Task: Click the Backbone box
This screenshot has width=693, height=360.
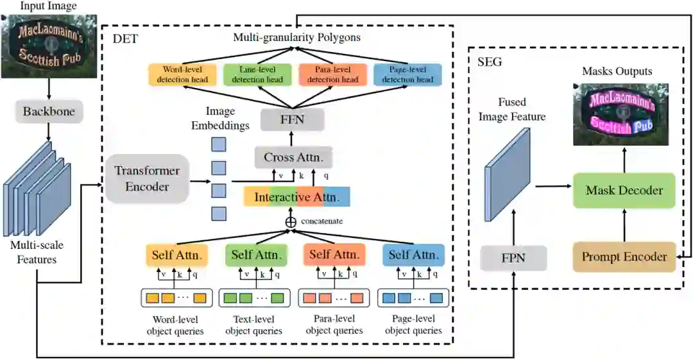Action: click(x=49, y=112)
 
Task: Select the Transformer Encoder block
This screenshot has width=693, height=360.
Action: click(x=147, y=178)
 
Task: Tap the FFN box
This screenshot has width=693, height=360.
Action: click(x=292, y=119)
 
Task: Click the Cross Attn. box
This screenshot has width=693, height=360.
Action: click(x=293, y=157)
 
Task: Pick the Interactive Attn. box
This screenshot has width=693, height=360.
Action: click(x=296, y=196)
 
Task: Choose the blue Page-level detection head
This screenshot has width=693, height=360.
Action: click(x=407, y=74)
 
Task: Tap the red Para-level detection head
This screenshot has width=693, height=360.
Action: click(x=332, y=74)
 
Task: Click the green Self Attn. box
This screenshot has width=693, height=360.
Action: click(x=255, y=255)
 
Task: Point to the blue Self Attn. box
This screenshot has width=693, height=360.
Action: click(x=413, y=255)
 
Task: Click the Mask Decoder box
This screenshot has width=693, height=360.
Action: click(x=624, y=190)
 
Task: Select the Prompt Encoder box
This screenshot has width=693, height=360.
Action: click(x=624, y=257)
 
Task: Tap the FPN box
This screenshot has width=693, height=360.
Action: click(x=513, y=258)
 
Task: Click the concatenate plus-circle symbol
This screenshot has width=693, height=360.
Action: click(x=291, y=221)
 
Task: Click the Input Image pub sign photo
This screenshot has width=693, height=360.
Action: click(x=49, y=46)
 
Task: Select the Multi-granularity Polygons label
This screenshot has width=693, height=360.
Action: click(x=296, y=37)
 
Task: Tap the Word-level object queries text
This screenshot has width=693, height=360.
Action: click(x=175, y=325)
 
